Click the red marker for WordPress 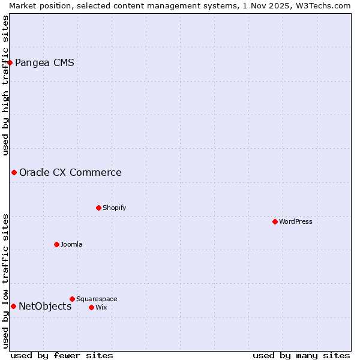point(275,221)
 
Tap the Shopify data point point(98,208)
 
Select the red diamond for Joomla point(56,244)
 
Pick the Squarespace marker point(72,299)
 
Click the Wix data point point(91,307)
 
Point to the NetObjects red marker point(13,306)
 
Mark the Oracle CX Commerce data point point(14,172)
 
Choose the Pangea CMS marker point(10,62)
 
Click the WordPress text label point(296,221)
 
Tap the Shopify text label point(114,208)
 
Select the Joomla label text point(71,244)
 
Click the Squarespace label point(97,299)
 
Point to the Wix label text point(101,307)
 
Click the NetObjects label point(45,306)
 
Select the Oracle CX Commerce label point(70,172)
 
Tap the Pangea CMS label point(44,62)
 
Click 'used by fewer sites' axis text point(62,355)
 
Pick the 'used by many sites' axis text point(301,355)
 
